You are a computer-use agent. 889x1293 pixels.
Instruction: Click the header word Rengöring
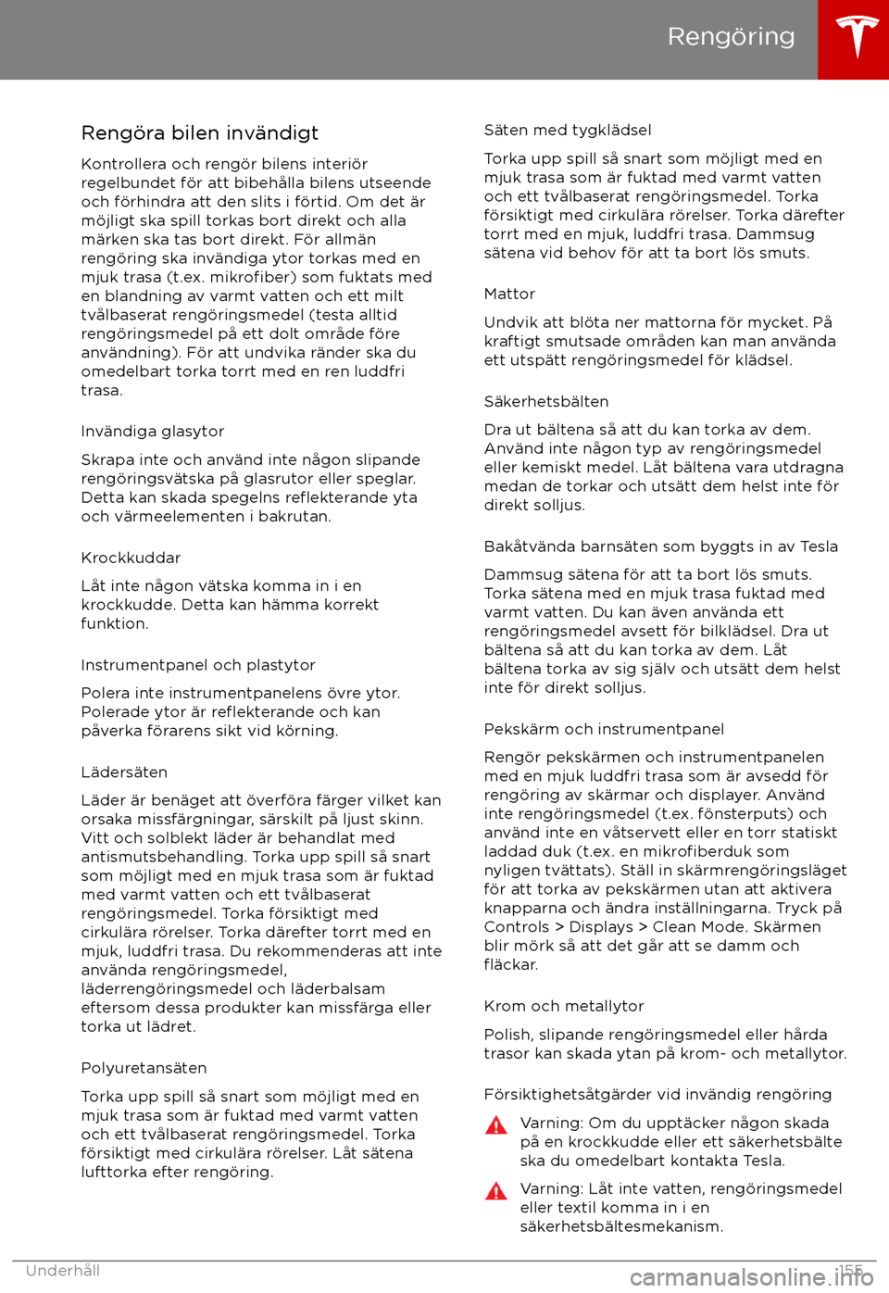tap(731, 36)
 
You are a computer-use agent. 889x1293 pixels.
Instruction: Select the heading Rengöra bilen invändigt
tap(200, 132)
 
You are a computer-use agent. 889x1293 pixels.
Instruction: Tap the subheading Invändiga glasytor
tap(153, 432)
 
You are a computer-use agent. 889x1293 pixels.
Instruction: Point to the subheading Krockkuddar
tap(131, 558)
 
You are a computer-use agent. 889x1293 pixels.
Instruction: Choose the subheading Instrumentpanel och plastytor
tap(198, 665)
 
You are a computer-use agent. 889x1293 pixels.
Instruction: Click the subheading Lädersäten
tap(124, 772)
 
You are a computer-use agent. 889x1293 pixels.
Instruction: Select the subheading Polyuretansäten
tap(144, 1068)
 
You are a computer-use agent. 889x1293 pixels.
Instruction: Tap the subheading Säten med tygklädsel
tap(568, 131)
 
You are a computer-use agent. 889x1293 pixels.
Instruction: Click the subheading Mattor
tap(509, 295)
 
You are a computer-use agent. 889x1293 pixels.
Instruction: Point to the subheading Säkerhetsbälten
tap(546, 402)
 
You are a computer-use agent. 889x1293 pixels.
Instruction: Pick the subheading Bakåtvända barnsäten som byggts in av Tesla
tap(660, 546)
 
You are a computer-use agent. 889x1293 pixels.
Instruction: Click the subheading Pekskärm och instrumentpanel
tap(604, 729)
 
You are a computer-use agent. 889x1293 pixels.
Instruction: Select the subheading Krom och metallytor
tap(563, 1006)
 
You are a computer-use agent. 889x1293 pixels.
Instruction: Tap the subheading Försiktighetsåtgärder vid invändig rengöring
tap(657, 1095)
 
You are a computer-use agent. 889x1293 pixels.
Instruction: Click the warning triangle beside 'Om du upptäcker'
tap(497, 1125)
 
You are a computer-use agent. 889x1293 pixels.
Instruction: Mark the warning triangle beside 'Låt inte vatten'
tap(497, 1191)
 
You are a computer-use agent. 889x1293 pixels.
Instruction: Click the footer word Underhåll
tap(63, 1271)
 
